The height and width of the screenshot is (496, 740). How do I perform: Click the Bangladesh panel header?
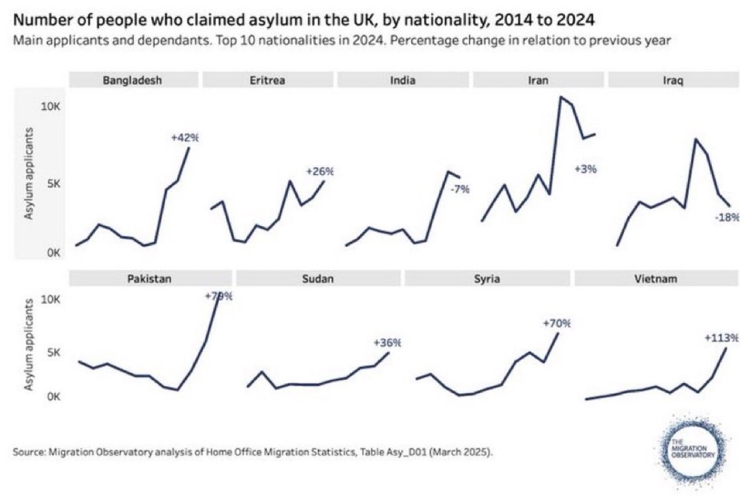click(133, 80)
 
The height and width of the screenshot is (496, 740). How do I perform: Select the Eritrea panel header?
click(268, 80)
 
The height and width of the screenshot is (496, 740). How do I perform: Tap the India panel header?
click(403, 80)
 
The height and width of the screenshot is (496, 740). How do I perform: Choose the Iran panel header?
click(538, 80)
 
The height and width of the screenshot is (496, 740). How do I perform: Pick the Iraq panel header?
click(672, 80)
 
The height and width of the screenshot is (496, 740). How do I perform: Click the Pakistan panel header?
click(150, 279)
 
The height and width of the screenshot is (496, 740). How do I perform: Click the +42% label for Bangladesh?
click(184, 138)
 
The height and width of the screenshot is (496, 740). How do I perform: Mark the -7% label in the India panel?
click(460, 189)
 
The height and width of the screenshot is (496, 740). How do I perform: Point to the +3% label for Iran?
click(586, 168)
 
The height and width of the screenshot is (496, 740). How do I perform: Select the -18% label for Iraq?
click(727, 217)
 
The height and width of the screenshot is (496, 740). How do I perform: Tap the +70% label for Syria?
click(556, 323)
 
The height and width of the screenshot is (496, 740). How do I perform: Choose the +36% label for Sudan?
click(387, 343)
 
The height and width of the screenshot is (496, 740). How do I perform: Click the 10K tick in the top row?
click(51, 106)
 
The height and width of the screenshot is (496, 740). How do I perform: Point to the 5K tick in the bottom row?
click(52, 353)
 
